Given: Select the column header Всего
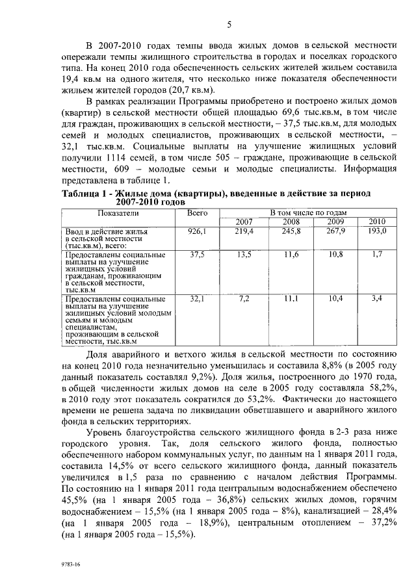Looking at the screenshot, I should point(197,212).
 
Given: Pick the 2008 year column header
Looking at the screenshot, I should point(291,222).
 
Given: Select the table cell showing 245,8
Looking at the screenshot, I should point(291,231).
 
